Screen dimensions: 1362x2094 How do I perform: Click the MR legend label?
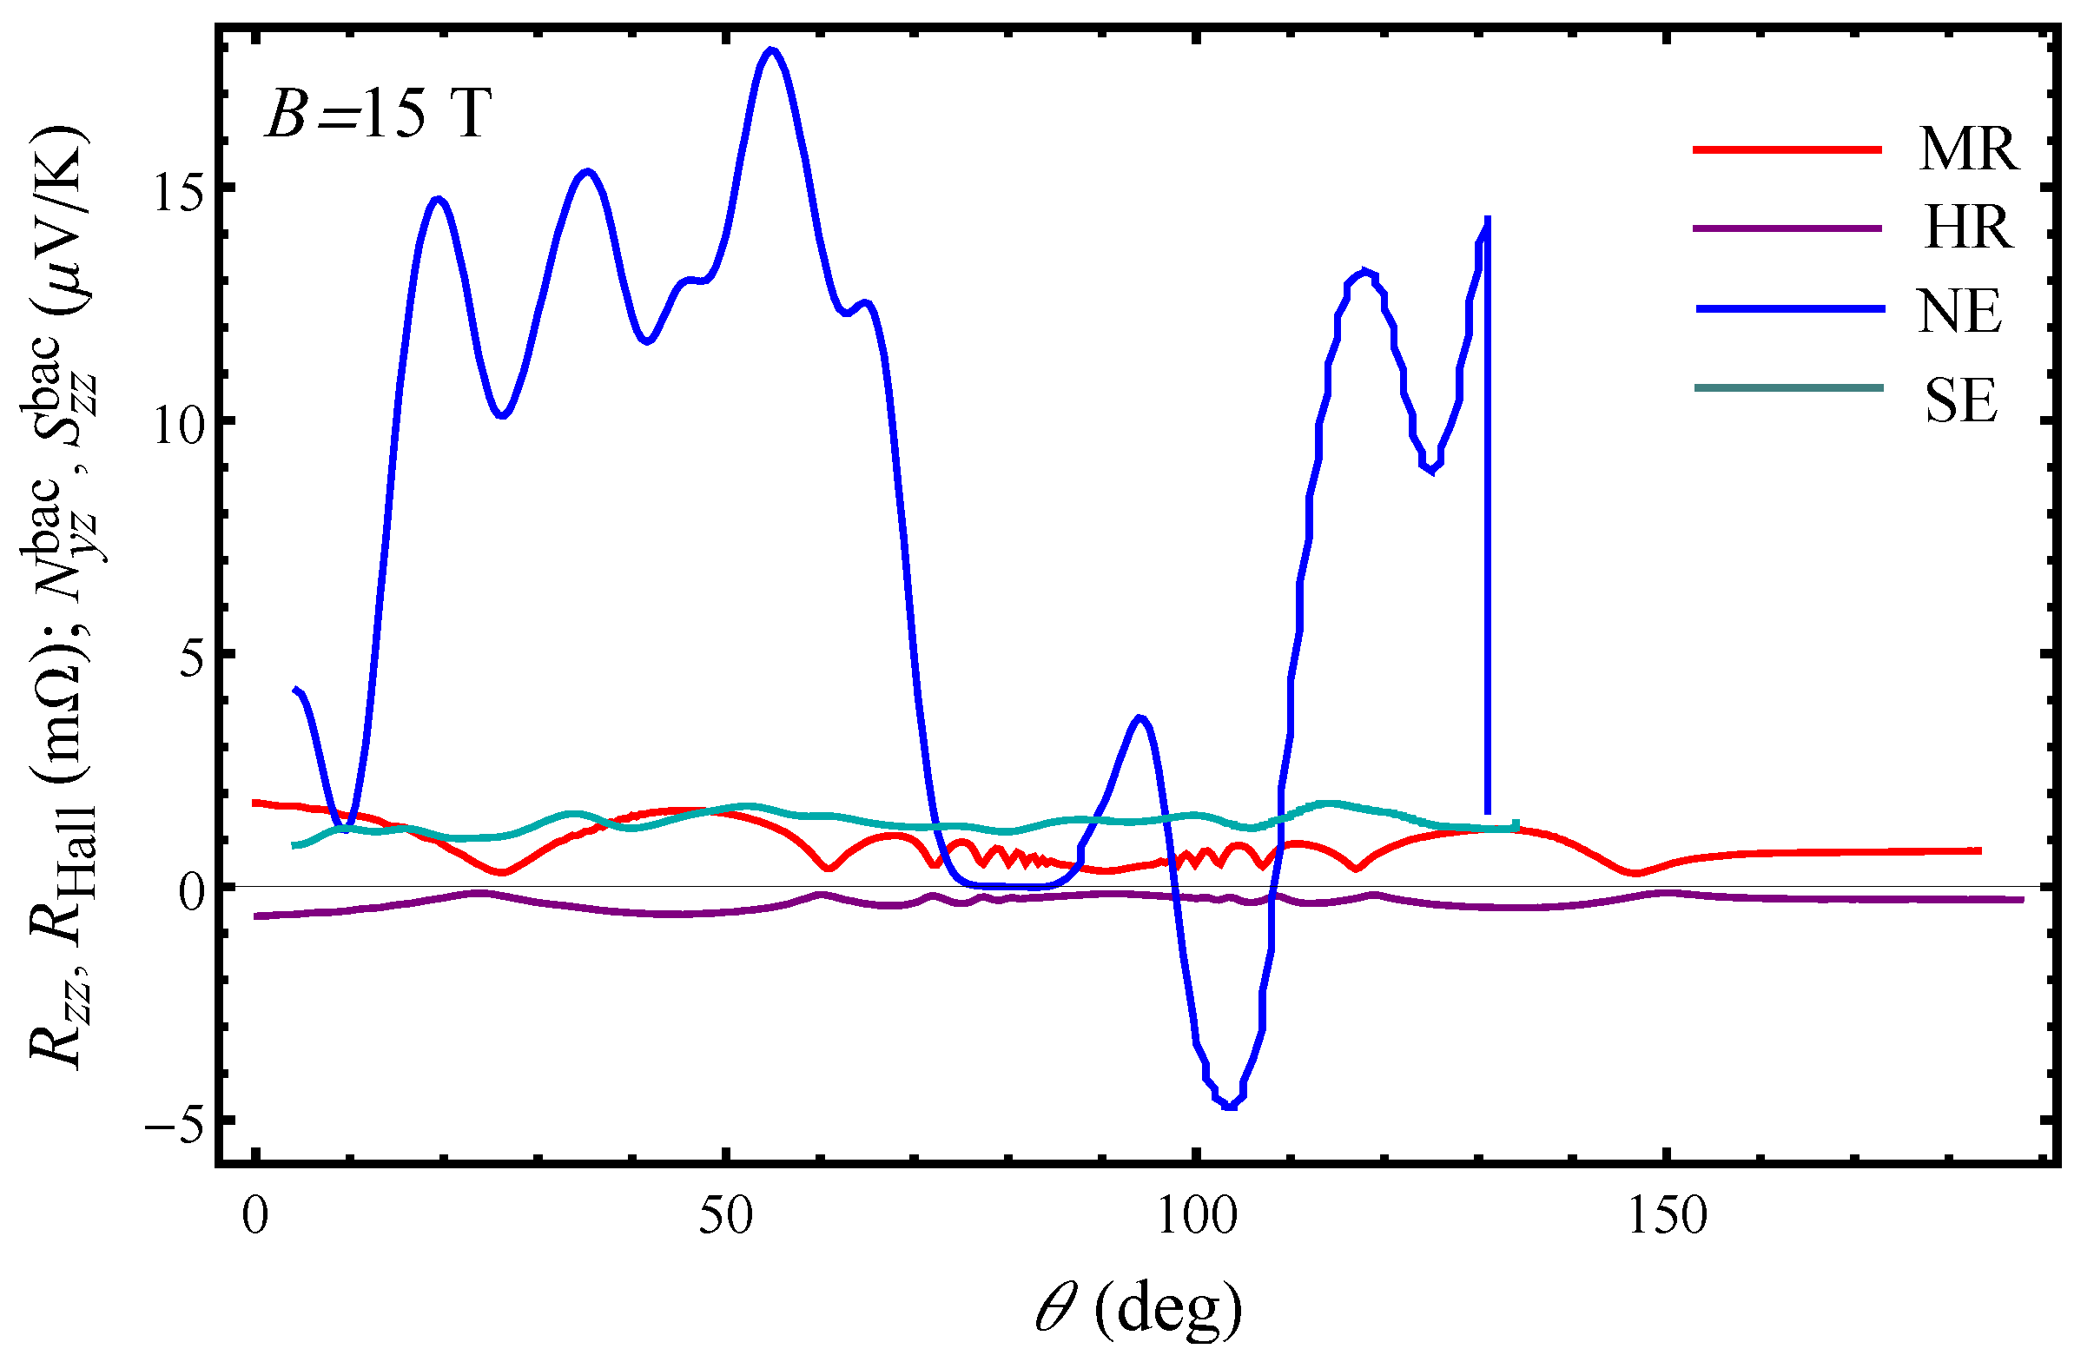click(1968, 149)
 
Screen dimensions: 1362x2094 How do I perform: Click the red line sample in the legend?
click(1786, 149)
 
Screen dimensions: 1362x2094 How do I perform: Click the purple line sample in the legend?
click(1786, 228)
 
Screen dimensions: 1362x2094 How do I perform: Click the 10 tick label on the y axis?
click(182, 421)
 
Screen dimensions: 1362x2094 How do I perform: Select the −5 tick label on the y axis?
click(176, 1121)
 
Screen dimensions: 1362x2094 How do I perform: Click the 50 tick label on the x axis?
click(726, 1216)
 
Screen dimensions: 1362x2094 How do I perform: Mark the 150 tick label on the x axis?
click(1667, 1216)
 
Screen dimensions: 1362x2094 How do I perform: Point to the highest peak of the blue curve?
click(772, 50)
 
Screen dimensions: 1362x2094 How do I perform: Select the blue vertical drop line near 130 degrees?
click(1487, 528)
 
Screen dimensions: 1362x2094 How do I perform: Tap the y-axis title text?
click(62, 598)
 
